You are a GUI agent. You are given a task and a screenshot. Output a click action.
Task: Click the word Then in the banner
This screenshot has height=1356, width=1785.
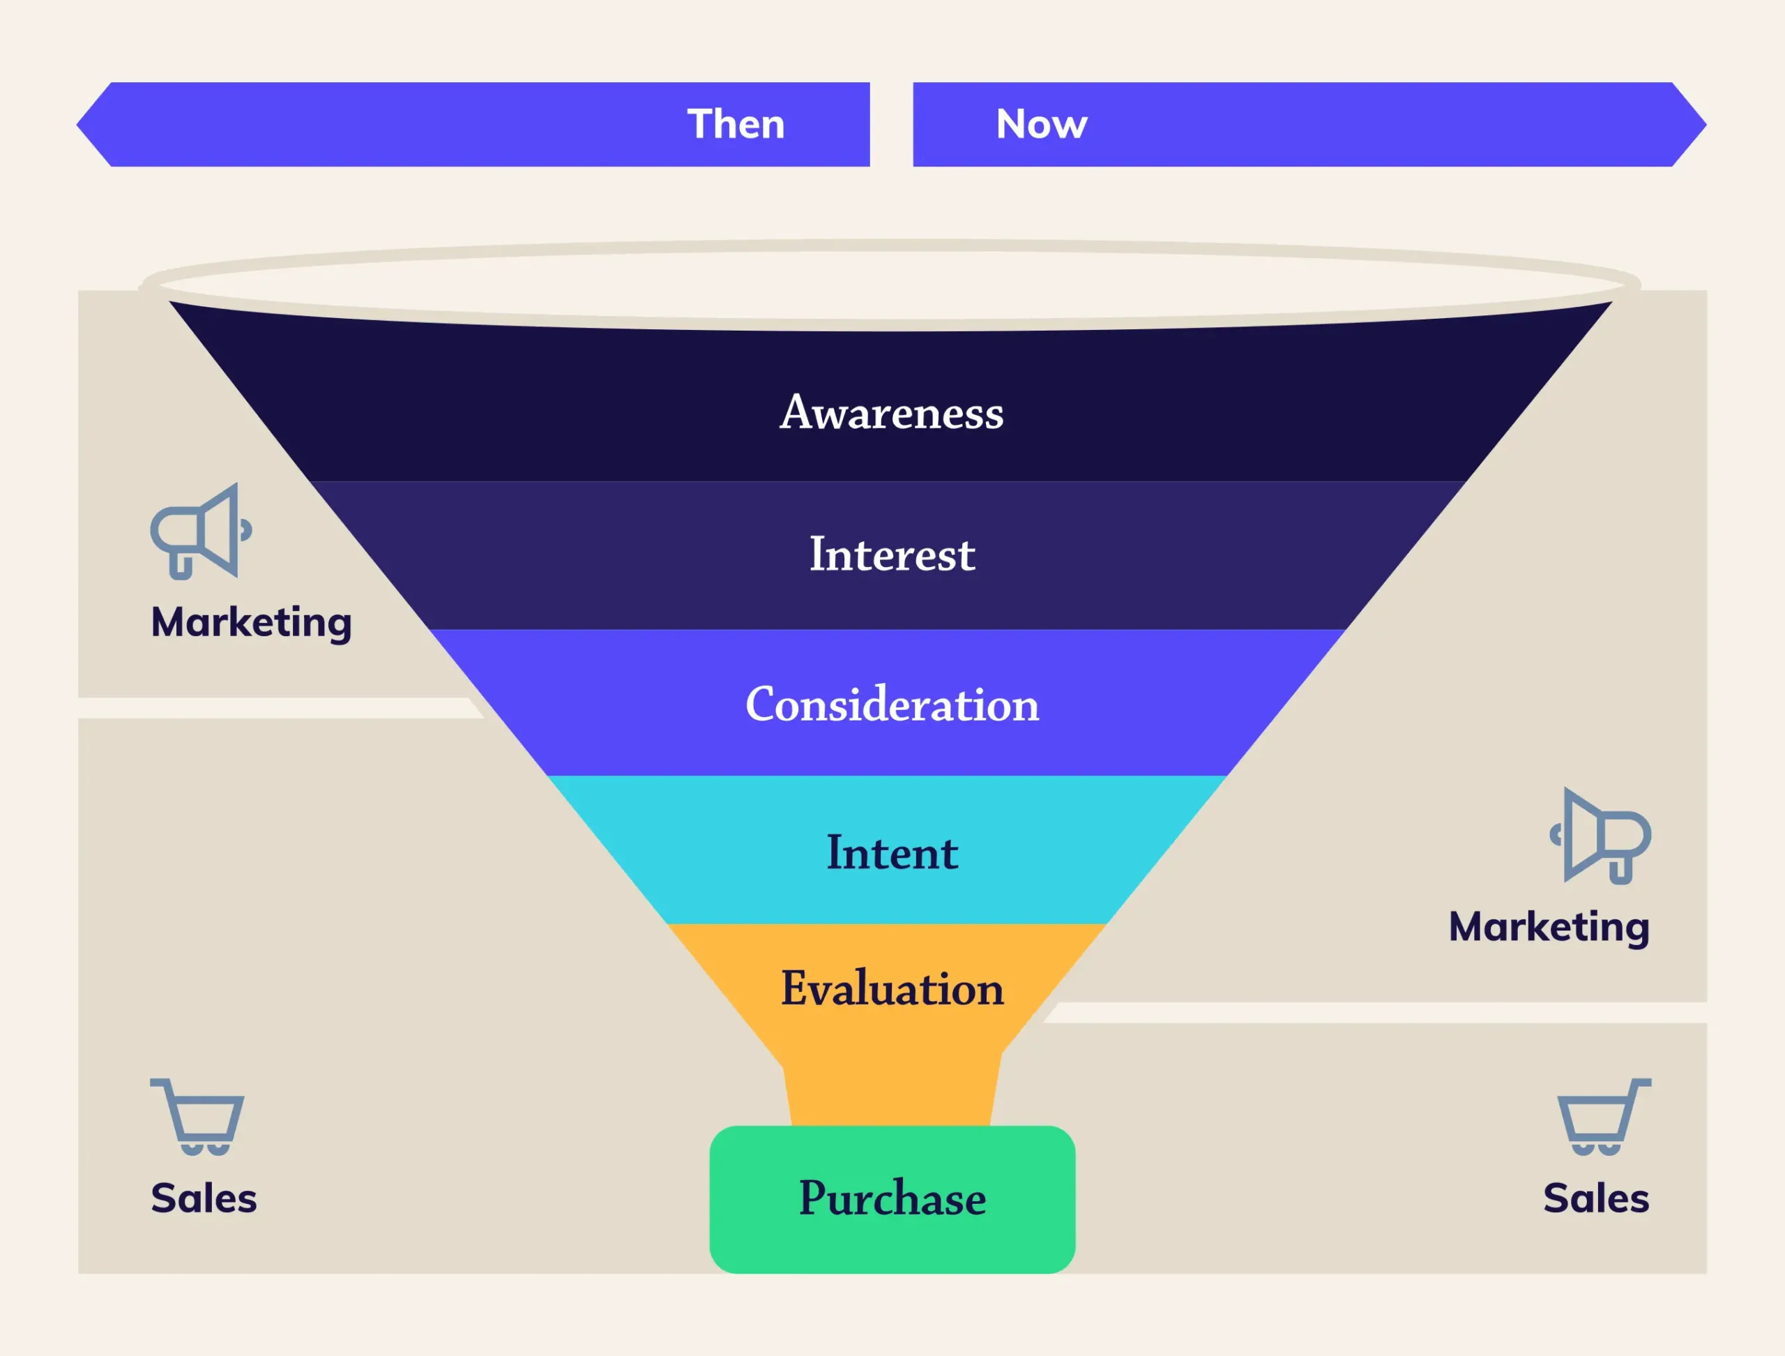(x=735, y=124)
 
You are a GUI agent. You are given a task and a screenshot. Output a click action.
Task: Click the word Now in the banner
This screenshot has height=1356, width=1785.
(x=1041, y=124)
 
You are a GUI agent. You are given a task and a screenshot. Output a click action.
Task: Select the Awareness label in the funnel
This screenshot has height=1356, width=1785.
(x=892, y=412)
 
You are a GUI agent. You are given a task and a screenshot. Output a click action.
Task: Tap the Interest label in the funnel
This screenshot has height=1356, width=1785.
(x=892, y=555)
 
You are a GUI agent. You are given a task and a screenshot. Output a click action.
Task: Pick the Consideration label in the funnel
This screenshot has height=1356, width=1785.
(x=892, y=704)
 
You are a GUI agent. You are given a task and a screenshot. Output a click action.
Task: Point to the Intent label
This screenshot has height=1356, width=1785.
(x=892, y=852)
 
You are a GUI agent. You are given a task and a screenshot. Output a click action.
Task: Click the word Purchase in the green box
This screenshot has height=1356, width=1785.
(x=892, y=1198)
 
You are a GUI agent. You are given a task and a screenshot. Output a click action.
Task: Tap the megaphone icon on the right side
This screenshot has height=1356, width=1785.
(x=1600, y=836)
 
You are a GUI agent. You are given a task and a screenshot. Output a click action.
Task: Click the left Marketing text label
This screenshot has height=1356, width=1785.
(x=251, y=622)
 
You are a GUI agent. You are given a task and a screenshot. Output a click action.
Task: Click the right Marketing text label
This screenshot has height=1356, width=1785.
(x=1549, y=926)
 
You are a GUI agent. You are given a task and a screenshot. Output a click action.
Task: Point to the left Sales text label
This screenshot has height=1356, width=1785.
(x=204, y=1198)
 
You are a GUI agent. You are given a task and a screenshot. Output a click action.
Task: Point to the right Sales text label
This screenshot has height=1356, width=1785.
(x=1595, y=1198)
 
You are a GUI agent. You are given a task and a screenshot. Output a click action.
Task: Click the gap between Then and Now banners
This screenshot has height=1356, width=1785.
(x=891, y=124)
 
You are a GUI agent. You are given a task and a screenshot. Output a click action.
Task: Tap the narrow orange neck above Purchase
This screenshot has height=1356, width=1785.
(x=892, y=1094)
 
